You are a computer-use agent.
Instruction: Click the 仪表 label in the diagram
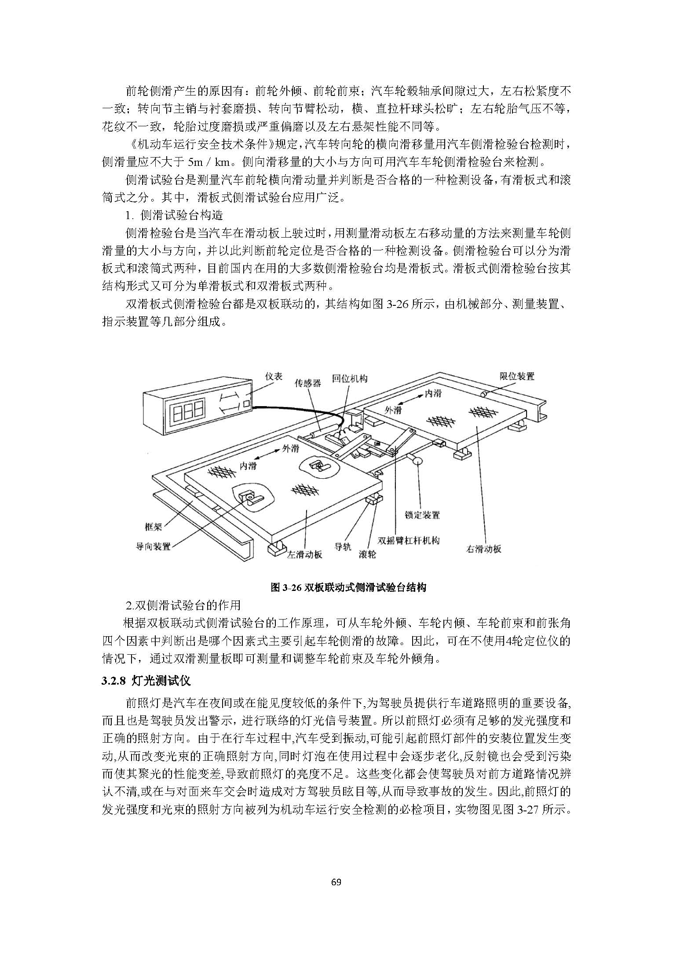274,377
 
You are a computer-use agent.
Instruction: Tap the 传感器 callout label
308,383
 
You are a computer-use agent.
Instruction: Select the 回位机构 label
350,379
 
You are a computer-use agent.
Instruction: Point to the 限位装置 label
517,376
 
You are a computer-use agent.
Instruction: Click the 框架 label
154,527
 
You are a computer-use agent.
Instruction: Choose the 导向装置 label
153,546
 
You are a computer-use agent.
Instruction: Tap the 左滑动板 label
305,554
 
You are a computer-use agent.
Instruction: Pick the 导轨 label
343,547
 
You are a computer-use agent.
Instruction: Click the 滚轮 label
367,554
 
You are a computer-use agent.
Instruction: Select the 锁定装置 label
422,515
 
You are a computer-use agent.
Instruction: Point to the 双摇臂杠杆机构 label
409,540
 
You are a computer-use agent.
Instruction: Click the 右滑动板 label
484,549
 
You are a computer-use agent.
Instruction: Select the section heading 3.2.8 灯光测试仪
146,681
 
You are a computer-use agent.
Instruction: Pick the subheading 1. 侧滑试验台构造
174,215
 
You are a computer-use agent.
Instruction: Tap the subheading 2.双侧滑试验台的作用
183,605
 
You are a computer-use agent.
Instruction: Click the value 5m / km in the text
209,162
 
